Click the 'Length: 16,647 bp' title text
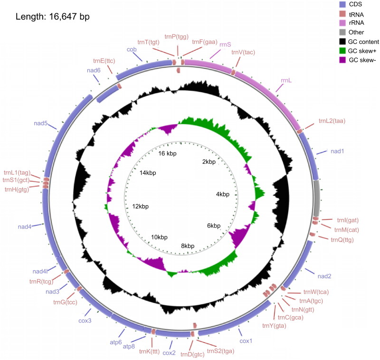point(53,17)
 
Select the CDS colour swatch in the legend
point(341,4)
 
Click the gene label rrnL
point(286,81)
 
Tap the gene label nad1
point(337,151)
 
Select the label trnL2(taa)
point(332,121)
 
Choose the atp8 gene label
point(129,346)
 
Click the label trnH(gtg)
point(17,189)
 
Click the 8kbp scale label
point(188,246)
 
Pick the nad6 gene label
point(93,70)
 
